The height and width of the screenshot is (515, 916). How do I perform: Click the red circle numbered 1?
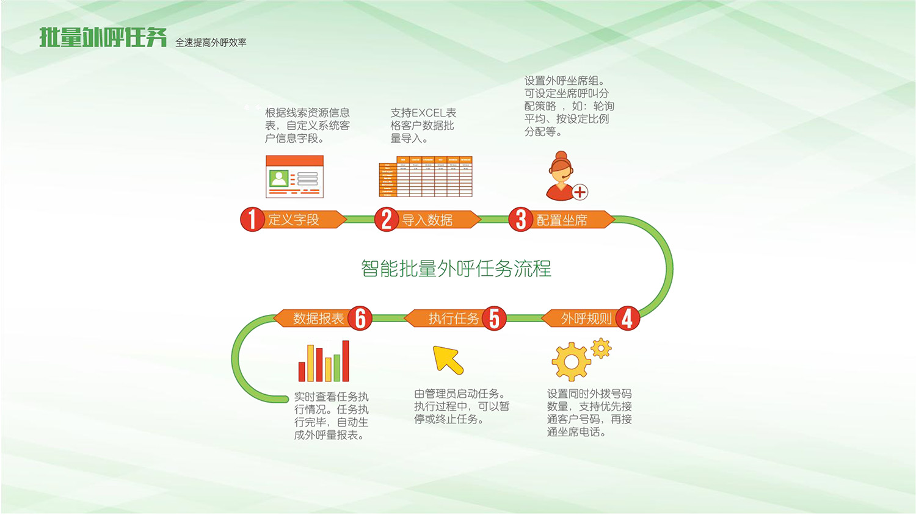tap(252, 220)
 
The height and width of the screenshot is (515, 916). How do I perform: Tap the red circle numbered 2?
tap(386, 220)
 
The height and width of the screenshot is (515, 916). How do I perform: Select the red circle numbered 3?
tap(520, 220)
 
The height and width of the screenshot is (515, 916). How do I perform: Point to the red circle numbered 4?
tap(627, 318)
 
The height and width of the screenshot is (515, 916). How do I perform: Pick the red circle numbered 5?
tap(494, 318)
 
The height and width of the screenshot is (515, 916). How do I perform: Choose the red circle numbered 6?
tap(360, 318)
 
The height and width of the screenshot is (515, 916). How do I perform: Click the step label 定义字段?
tap(294, 220)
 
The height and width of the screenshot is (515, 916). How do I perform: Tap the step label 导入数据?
tap(427, 220)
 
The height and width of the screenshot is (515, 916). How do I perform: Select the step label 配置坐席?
tap(562, 220)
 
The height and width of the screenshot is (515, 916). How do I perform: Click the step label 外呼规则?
tap(586, 319)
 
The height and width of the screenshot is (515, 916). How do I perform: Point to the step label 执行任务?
tap(454, 319)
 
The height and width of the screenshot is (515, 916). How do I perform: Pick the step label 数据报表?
tap(318, 319)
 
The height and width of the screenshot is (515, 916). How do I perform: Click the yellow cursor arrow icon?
tap(448, 359)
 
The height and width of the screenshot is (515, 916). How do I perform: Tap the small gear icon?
tap(602, 348)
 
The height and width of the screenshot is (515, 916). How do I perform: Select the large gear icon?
tap(571, 362)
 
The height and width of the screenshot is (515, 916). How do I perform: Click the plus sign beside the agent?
tap(580, 192)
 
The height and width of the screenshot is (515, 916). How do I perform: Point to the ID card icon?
tap(294, 176)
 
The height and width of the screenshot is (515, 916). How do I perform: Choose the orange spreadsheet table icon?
tap(426, 177)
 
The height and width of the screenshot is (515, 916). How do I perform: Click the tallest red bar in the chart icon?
tap(346, 361)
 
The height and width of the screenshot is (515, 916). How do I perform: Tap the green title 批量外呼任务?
tap(103, 38)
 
